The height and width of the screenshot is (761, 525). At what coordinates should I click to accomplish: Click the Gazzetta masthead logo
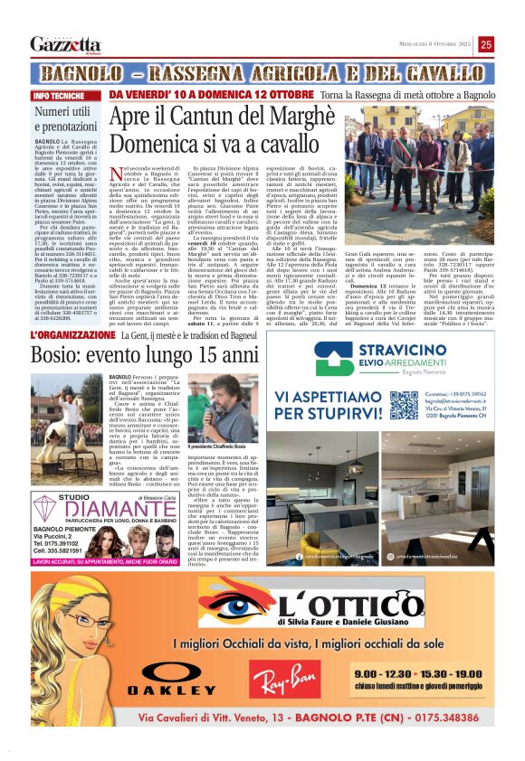coord(65,44)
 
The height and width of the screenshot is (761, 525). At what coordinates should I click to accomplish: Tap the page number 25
coord(486,43)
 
